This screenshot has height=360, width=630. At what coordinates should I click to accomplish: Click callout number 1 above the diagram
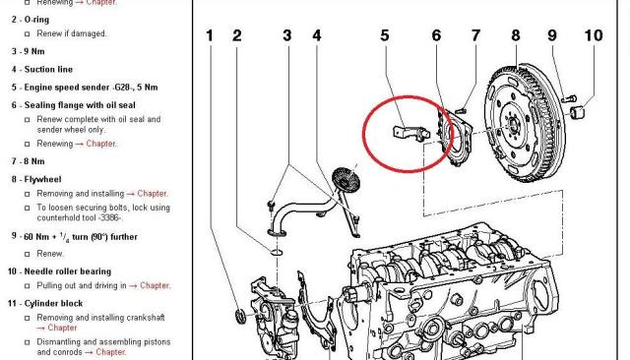[210, 35]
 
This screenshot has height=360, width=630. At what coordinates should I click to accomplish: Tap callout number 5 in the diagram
[385, 35]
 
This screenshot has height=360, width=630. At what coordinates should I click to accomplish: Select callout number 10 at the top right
[594, 35]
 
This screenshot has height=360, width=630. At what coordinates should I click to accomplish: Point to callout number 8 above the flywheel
[516, 35]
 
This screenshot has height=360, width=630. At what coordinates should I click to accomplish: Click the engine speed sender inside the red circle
[410, 133]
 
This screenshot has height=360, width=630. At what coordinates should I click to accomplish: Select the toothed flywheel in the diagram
[525, 123]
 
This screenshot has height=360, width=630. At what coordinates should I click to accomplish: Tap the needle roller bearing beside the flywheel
[578, 112]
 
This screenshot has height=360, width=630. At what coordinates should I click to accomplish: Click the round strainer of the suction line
[346, 180]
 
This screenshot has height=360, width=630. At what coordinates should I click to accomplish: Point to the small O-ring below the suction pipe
[277, 252]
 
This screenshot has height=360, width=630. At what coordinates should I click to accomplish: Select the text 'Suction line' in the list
[48, 70]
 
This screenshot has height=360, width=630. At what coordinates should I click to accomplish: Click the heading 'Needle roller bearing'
[68, 271]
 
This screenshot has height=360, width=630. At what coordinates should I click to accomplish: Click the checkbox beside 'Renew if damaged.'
[28, 34]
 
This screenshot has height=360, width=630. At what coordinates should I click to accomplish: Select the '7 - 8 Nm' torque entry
[29, 161]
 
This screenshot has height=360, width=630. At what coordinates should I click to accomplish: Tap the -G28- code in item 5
[124, 88]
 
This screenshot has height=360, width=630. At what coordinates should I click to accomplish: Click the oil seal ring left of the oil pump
[240, 316]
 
